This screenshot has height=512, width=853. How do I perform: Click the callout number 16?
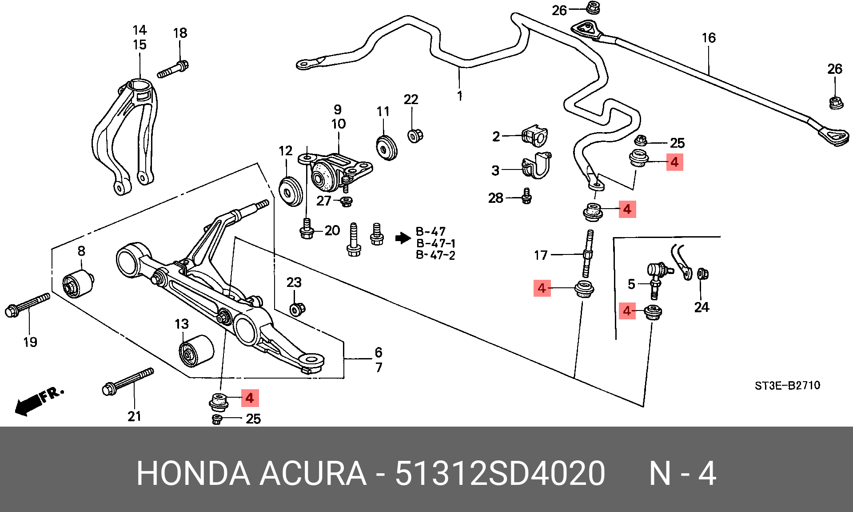pos(709,38)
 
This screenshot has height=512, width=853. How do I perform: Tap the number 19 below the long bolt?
pos(30,342)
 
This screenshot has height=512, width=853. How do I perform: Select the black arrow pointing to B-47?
pos(403,238)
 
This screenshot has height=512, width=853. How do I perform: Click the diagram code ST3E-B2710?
pos(787,385)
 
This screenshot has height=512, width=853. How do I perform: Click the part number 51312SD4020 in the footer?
pos(500,473)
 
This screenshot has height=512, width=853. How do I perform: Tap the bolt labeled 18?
pos(173,69)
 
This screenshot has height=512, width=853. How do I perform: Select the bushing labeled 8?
pos(78,283)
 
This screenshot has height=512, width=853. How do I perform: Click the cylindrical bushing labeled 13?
pos(196,351)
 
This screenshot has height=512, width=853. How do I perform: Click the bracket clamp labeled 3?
pos(537,165)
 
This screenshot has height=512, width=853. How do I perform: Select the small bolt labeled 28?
pos(526,196)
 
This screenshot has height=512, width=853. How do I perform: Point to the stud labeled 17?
pos(588,254)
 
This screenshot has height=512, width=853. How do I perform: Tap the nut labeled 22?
pos(415,135)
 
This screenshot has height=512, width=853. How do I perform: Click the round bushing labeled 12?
pos(291,191)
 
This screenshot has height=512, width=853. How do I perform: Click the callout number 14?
pos(140,30)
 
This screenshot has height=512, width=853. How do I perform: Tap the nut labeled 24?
pos(703,274)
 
